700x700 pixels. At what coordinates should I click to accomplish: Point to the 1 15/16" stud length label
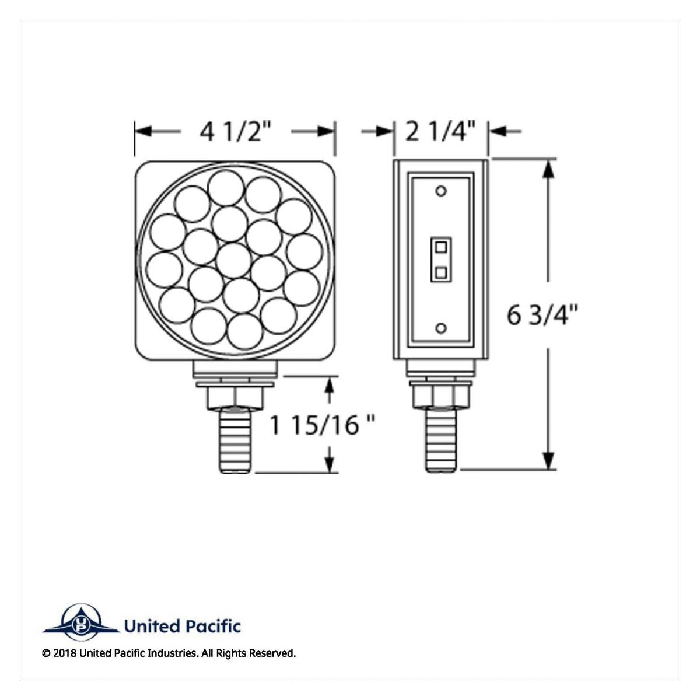tap(321, 425)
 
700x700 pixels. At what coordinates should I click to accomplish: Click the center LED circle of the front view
tap(233, 260)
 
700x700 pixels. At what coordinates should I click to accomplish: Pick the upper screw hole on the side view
tap(441, 191)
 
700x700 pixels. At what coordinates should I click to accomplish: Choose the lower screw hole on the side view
tap(441, 328)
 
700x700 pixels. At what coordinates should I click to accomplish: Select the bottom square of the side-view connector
tap(441, 271)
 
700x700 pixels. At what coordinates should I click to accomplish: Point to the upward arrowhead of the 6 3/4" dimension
tap(548, 169)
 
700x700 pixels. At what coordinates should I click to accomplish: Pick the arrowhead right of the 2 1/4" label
tap(496, 132)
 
